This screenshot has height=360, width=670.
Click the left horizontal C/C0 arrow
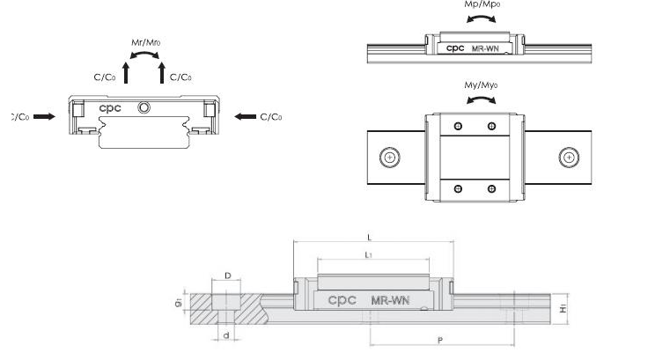(44, 116)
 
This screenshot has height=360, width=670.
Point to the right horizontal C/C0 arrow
(247, 116)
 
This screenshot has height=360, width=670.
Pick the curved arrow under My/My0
(480, 100)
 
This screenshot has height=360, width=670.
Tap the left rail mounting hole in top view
(388, 158)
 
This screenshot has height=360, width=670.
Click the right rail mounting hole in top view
(570, 158)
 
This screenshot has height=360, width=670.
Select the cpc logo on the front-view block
(110, 108)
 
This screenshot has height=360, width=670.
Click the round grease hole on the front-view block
(144, 107)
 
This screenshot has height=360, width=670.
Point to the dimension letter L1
(370, 253)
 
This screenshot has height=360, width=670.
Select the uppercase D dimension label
(227, 276)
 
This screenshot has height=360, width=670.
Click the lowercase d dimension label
(226, 334)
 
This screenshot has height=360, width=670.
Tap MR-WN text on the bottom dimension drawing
(389, 300)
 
